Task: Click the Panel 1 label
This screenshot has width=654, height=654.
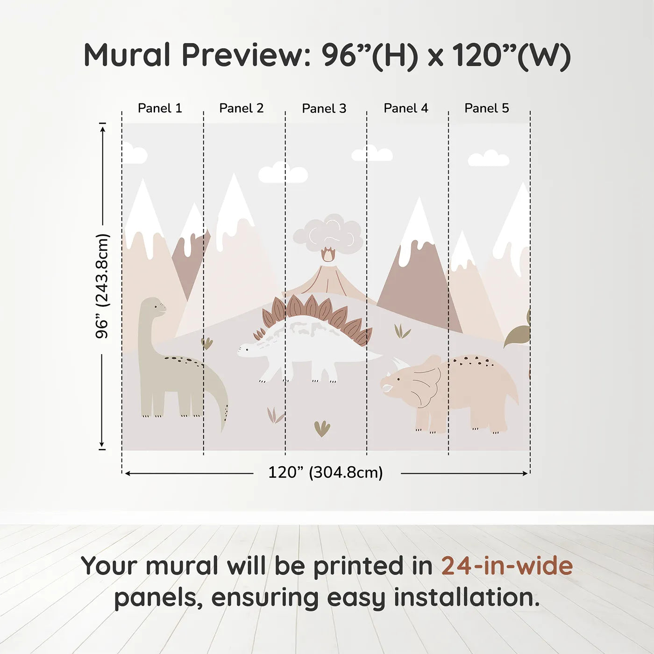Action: [160, 108]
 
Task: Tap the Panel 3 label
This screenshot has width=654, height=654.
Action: [324, 109]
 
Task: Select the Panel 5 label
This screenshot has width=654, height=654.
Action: [487, 108]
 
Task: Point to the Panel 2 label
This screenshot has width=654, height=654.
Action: [242, 108]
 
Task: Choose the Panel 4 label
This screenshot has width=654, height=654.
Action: [406, 108]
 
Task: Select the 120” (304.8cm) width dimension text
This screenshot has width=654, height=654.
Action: [326, 473]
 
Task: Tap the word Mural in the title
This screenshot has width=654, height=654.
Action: [127, 55]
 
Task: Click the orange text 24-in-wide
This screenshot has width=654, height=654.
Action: [507, 566]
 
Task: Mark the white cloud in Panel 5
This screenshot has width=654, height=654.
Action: [489, 159]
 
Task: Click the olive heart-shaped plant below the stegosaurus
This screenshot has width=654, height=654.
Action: [322, 428]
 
